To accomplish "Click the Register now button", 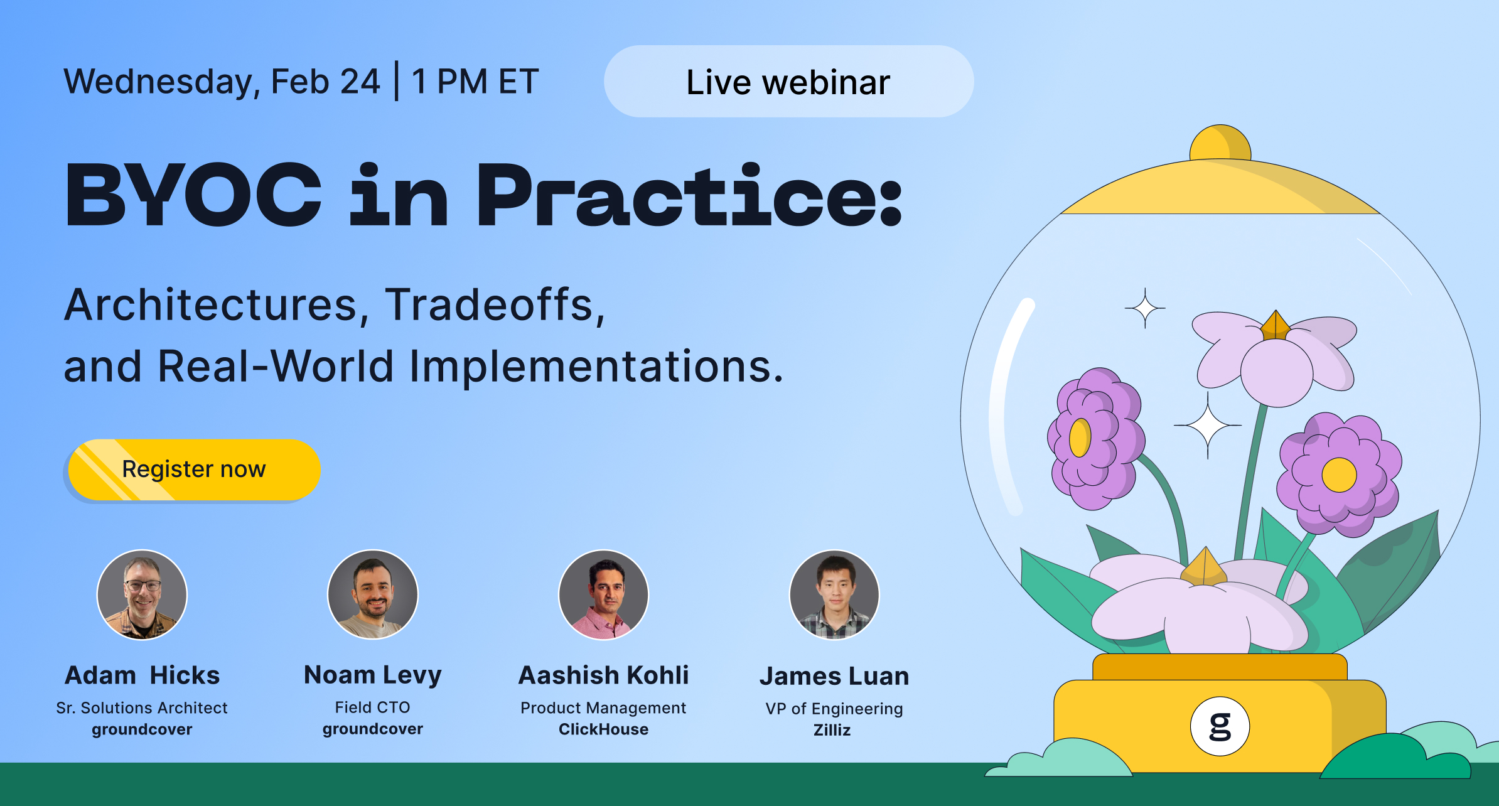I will click(x=194, y=470).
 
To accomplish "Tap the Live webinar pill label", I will click(x=788, y=82).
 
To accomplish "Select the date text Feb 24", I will click(x=325, y=82).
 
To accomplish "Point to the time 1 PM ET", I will click(x=475, y=82).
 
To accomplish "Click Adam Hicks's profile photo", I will click(x=142, y=594).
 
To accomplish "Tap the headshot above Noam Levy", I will click(x=373, y=594).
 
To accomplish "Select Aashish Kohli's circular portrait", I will click(x=603, y=594).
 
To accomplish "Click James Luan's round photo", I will click(x=834, y=594).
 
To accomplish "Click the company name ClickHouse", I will click(x=603, y=729).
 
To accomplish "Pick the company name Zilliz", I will click(x=832, y=730).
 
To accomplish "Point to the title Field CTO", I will click(x=373, y=707).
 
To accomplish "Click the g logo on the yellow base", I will click(x=1220, y=726).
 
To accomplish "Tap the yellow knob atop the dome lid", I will click(x=1220, y=144).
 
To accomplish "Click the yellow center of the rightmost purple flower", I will click(x=1339, y=475).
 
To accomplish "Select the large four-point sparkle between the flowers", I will click(x=1207, y=426).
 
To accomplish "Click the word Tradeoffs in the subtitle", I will click(x=495, y=305).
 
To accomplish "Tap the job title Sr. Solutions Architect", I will click(x=142, y=708).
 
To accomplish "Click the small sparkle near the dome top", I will click(x=1145, y=308).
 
